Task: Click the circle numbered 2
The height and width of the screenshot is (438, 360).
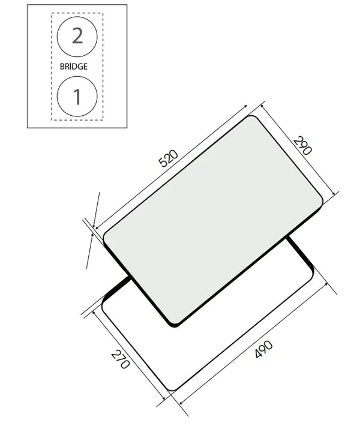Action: [x=77, y=37]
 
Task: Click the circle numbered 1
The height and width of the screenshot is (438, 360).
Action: [x=77, y=96]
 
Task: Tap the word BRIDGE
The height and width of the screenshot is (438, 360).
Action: [x=73, y=67]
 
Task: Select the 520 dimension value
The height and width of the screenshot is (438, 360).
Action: [x=169, y=159]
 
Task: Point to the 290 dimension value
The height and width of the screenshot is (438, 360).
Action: [x=304, y=146]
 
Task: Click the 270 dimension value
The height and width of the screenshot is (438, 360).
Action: [x=120, y=359]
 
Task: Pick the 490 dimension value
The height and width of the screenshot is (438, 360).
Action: [x=264, y=350]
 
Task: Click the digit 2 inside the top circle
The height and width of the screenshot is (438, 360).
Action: [x=77, y=37]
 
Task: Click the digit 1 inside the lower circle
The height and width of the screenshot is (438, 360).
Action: [x=77, y=96]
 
